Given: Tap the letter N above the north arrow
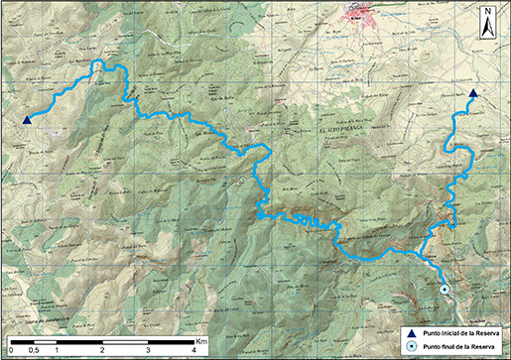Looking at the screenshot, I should click(489, 13).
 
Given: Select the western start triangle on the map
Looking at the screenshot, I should click(27, 120).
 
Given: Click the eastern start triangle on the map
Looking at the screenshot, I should click(473, 94).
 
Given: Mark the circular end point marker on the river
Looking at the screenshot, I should click(445, 289).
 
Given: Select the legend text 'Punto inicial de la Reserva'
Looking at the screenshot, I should click(460, 332).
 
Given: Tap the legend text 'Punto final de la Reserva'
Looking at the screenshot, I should click(458, 346).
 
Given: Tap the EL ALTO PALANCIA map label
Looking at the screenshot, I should click(343, 129).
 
